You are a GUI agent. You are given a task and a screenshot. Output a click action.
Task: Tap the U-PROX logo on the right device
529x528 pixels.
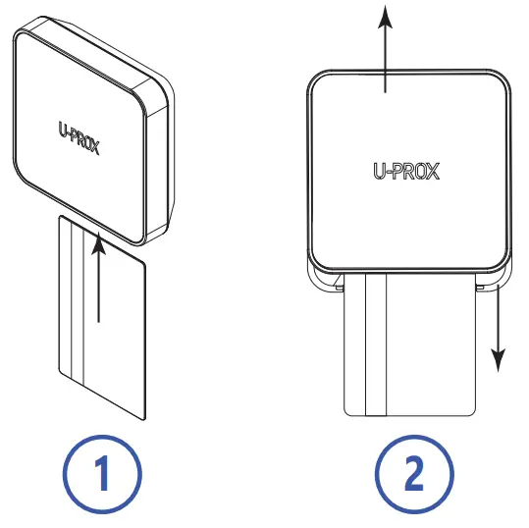coord(406,171)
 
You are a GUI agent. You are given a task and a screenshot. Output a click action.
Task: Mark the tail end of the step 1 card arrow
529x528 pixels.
coord(98,322)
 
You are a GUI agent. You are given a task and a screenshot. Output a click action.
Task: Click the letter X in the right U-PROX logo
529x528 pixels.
coord(432,171)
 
